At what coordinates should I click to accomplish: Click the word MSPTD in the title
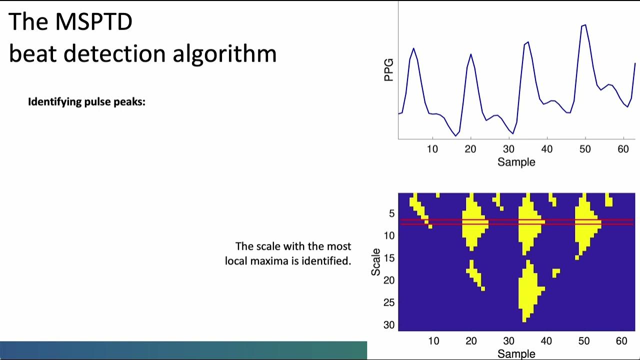pyautogui.click(x=93, y=22)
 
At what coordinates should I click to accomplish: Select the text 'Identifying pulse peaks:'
pyautogui.click(x=86, y=101)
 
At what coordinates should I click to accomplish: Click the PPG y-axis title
pyautogui.click(x=388, y=70)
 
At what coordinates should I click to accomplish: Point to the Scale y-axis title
pyautogui.click(x=375, y=262)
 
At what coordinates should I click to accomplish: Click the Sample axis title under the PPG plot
pyautogui.click(x=516, y=162)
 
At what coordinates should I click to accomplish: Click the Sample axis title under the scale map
pyautogui.click(x=516, y=353)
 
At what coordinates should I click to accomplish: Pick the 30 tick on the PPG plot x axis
pyautogui.click(x=508, y=149)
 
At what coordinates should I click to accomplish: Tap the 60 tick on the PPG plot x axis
pyautogui.click(x=623, y=149)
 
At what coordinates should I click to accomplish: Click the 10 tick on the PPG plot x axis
pyautogui.click(x=432, y=149)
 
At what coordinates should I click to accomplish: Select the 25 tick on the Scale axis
pyautogui.click(x=388, y=302)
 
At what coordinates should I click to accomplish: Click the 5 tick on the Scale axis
pyautogui.click(x=391, y=213)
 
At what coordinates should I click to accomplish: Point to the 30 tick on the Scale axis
pyautogui.click(x=388, y=325)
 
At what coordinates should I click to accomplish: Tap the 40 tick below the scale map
pyautogui.click(x=546, y=341)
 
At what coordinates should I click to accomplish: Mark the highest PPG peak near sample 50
pyautogui.click(x=583, y=25)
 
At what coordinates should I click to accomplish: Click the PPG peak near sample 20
pyautogui.click(x=470, y=54)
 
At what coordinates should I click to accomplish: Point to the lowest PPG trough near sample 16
pyautogui.click(x=455, y=135)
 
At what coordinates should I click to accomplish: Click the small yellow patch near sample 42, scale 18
pyautogui.click(x=555, y=272)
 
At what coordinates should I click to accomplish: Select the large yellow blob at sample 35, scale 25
pyautogui.click(x=527, y=292)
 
